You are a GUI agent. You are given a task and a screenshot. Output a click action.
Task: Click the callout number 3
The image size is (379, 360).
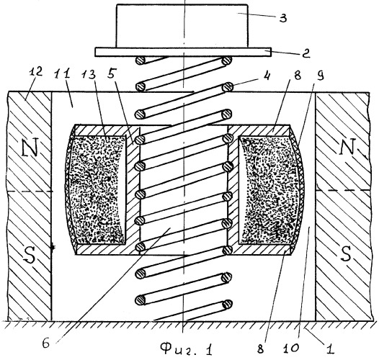[283, 18]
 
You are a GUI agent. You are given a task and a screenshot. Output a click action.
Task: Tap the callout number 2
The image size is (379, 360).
[306, 53]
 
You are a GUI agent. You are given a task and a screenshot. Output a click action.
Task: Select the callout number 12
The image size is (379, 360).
[35, 71]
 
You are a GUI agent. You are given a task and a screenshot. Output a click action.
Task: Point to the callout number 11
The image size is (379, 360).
[63, 73]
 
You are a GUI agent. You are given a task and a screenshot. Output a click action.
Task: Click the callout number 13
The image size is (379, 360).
[89, 74]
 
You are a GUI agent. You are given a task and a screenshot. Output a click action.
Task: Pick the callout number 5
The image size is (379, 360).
[111, 74]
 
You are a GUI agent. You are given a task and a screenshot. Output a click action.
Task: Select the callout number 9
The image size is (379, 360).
[319, 76]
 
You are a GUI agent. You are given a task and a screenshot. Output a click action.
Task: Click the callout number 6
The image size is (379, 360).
[46, 343]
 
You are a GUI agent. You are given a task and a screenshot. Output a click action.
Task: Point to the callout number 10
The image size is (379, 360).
[292, 348]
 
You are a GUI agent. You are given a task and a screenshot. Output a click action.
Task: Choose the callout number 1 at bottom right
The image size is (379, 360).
[330, 349]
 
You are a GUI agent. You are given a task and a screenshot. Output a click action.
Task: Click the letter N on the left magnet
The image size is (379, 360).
[30, 147]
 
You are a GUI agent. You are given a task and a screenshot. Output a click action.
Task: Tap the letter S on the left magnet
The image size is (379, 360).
[30, 254]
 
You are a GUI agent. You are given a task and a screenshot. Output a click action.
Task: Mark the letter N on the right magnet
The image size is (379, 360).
[348, 147]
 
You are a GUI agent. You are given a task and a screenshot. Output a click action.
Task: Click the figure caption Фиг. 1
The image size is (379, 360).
[187, 349]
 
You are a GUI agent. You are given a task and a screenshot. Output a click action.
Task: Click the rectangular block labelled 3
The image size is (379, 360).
[182, 26]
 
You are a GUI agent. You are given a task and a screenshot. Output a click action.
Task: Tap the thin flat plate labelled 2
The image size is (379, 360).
[183, 52]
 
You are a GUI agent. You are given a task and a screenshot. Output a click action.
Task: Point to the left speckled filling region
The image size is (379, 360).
[97, 189]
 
